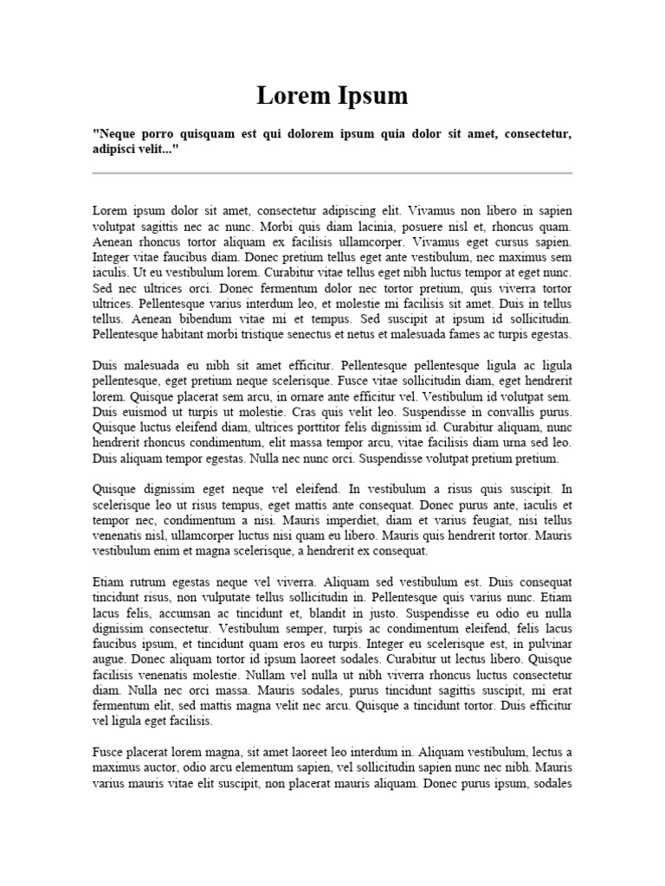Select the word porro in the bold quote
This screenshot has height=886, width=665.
[155, 134]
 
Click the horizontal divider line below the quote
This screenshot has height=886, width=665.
[332, 173]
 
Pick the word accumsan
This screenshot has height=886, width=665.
[179, 613]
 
